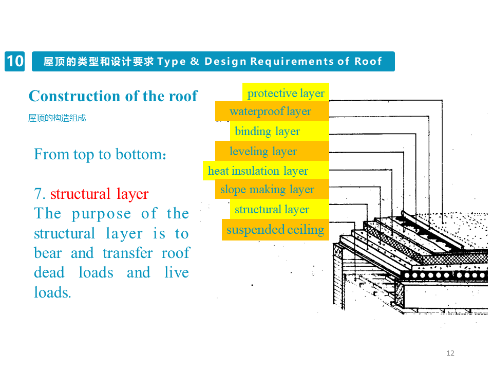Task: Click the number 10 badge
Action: (15, 61)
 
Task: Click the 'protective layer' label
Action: (286, 93)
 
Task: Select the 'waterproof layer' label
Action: (271, 112)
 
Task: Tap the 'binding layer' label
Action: (267, 131)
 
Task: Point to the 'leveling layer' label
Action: (263, 151)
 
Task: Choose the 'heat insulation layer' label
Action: (258, 171)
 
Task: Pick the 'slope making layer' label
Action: (267, 189)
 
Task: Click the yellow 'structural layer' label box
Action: (272, 209)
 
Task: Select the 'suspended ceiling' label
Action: (275, 229)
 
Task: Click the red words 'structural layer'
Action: (99, 194)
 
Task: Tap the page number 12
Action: (450, 353)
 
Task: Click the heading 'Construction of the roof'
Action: (113, 96)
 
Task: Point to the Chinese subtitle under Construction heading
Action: (57, 118)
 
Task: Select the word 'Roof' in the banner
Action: (368, 62)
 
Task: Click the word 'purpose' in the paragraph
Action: (102, 214)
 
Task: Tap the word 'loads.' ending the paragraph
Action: (52, 292)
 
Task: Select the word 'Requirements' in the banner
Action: (292, 62)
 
